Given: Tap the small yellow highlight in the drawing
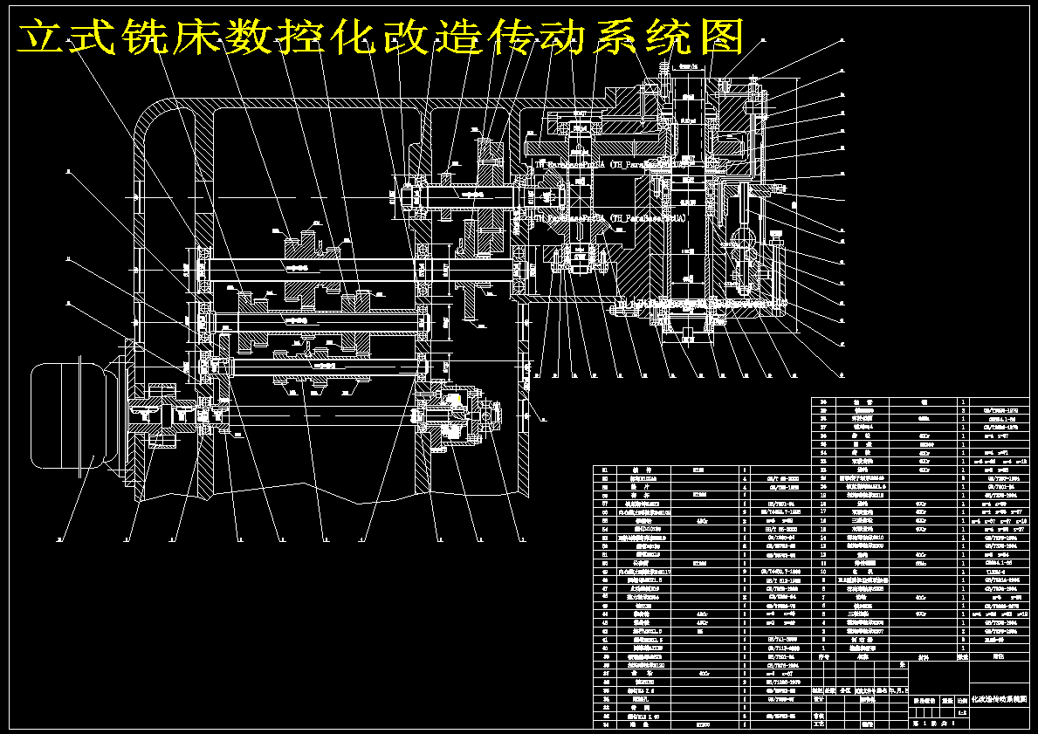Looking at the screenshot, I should pos(453,399).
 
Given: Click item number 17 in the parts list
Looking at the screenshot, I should pos(822,511).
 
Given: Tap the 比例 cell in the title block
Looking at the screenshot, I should pos(962,700).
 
